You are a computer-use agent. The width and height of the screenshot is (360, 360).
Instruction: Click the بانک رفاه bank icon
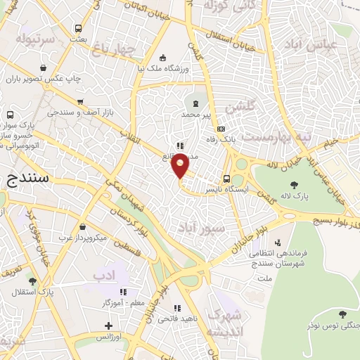221,129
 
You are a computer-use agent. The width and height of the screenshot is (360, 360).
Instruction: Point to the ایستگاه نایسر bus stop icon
226,179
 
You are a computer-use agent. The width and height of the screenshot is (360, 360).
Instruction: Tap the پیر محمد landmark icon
195,103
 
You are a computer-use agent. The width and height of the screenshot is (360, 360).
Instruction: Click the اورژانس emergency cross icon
108,326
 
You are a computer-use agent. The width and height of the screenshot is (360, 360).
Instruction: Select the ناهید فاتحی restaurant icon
177,308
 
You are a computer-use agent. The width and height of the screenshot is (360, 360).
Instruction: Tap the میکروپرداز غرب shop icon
83,227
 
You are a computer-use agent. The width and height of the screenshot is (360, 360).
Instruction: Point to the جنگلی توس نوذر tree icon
342,314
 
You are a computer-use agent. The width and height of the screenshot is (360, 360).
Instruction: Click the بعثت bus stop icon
77,29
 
